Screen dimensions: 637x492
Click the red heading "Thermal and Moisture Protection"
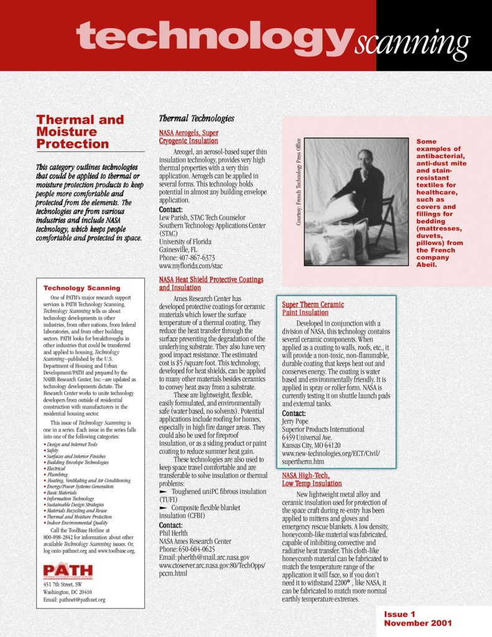(x=80, y=132)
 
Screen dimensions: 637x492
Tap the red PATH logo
(x=68, y=570)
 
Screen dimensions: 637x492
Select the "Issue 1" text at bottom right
(x=399, y=614)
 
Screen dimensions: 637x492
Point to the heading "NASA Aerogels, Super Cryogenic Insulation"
(x=189, y=137)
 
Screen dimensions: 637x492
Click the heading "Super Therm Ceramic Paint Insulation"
(x=313, y=309)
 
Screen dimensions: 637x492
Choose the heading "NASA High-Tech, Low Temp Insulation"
(x=312, y=479)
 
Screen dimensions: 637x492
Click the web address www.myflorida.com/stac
(x=191, y=266)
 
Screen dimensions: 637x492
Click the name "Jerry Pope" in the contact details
(x=298, y=421)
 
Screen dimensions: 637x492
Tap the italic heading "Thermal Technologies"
(x=197, y=118)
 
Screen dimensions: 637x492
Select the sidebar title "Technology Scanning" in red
(x=82, y=288)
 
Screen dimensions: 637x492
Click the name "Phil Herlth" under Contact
(x=175, y=533)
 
